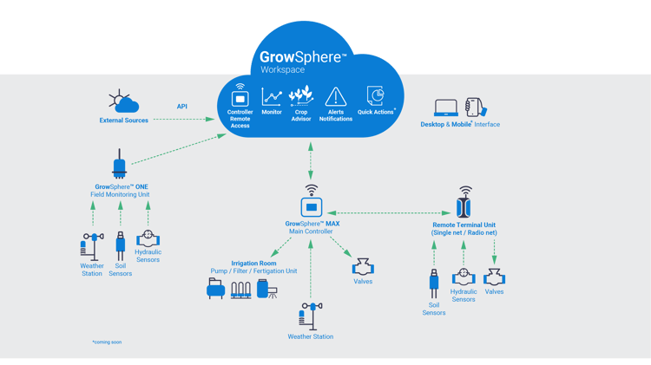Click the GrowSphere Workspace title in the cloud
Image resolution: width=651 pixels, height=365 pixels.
303,61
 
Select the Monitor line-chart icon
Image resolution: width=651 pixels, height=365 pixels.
272,95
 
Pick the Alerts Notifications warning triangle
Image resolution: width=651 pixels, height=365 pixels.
335,96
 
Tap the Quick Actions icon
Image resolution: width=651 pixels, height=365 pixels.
375,95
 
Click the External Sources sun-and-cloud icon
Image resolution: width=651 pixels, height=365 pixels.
123,102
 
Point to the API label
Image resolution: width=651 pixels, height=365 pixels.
182,107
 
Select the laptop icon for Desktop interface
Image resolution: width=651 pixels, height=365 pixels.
446,108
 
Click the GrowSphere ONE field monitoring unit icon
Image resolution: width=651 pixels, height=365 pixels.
120,165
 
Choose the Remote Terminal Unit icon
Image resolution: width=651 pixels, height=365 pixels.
465,206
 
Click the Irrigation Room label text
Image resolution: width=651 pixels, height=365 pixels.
253,263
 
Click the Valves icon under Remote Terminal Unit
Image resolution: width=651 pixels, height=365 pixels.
494,277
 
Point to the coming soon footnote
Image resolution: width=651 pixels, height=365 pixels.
107,342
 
